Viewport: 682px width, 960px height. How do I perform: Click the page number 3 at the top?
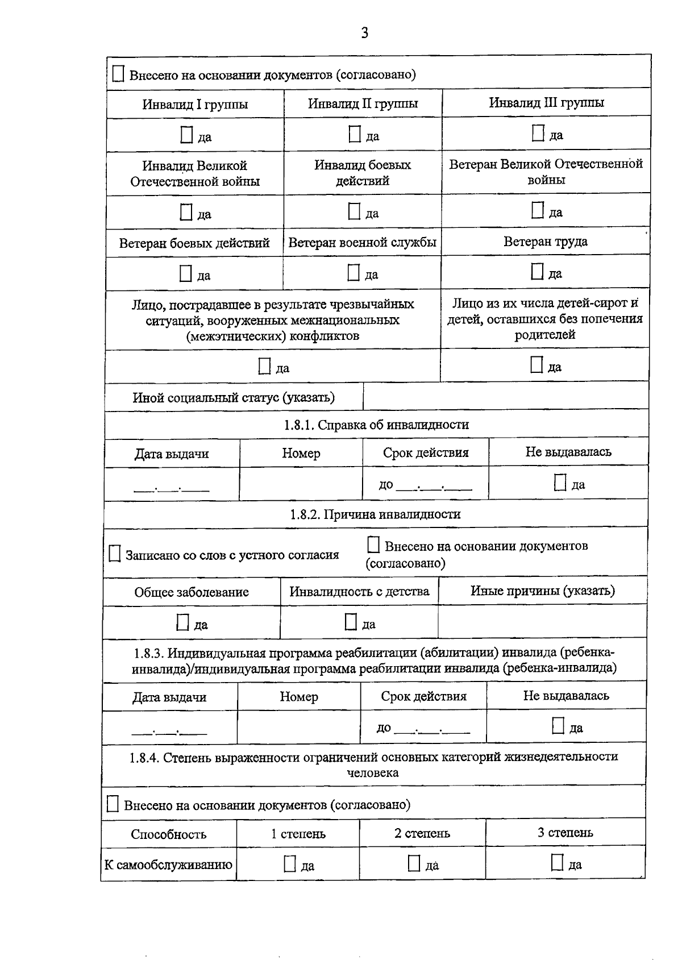click(364, 33)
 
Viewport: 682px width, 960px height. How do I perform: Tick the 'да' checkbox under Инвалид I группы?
click(186, 135)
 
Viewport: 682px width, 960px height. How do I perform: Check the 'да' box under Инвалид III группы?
click(538, 133)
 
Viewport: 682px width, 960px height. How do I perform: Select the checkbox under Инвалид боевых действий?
click(355, 211)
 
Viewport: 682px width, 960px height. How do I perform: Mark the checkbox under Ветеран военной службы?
click(354, 273)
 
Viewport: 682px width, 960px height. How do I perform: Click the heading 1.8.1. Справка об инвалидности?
click(376, 425)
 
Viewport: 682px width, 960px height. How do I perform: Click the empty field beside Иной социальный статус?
click(505, 396)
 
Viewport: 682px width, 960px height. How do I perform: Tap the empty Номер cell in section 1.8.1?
click(301, 484)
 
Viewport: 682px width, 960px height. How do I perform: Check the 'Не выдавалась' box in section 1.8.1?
click(560, 483)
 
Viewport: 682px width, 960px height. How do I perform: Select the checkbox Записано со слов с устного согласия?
click(115, 554)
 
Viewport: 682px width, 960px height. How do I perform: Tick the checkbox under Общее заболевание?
click(182, 623)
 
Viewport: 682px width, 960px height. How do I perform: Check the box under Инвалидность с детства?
click(351, 622)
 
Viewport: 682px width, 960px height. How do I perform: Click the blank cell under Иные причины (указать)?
click(542, 621)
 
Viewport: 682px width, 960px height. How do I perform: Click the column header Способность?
click(169, 834)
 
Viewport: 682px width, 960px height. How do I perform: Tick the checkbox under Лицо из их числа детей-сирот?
click(537, 365)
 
